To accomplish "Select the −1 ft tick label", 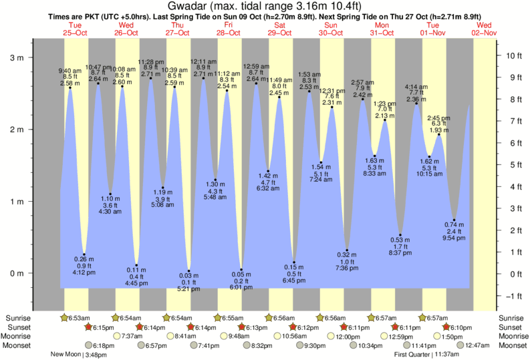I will pyautogui.click(x=514, y=296).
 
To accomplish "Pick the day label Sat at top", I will pyautogui.click(x=279, y=25).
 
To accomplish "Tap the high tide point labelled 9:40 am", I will pyautogui.click(x=70, y=87).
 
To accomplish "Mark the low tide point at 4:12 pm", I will pyautogui.click(x=84, y=254).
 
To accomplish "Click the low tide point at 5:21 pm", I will pyautogui.click(x=189, y=271).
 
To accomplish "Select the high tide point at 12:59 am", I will pyautogui.click(x=256, y=83).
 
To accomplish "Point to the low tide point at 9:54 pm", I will pyautogui.click(x=454, y=220).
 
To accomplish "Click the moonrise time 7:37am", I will pyautogui.click(x=130, y=336).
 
